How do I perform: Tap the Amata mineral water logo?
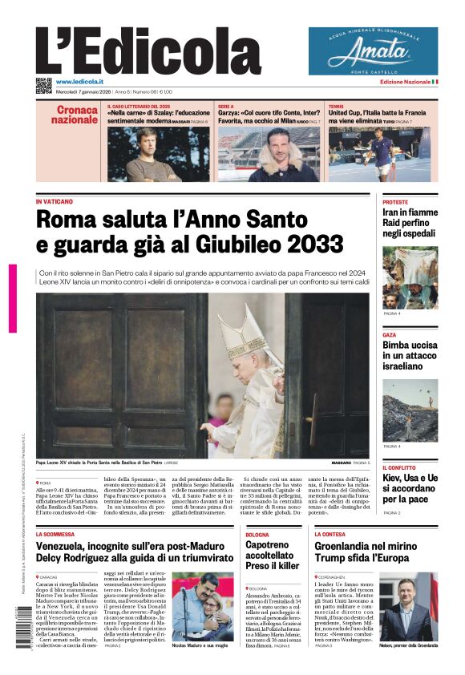click(x=373, y=51)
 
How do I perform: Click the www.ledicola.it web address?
click(x=83, y=82)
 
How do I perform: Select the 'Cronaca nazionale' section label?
click(x=76, y=114)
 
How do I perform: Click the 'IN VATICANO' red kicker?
click(x=55, y=201)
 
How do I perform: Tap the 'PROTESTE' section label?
click(x=395, y=203)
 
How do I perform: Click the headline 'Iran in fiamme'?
click(x=410, y=212)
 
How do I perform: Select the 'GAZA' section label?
click(x=390, y=335)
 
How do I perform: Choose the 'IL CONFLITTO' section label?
click(x=399, y=467)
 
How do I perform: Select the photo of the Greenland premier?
click(x=408, y=606)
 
